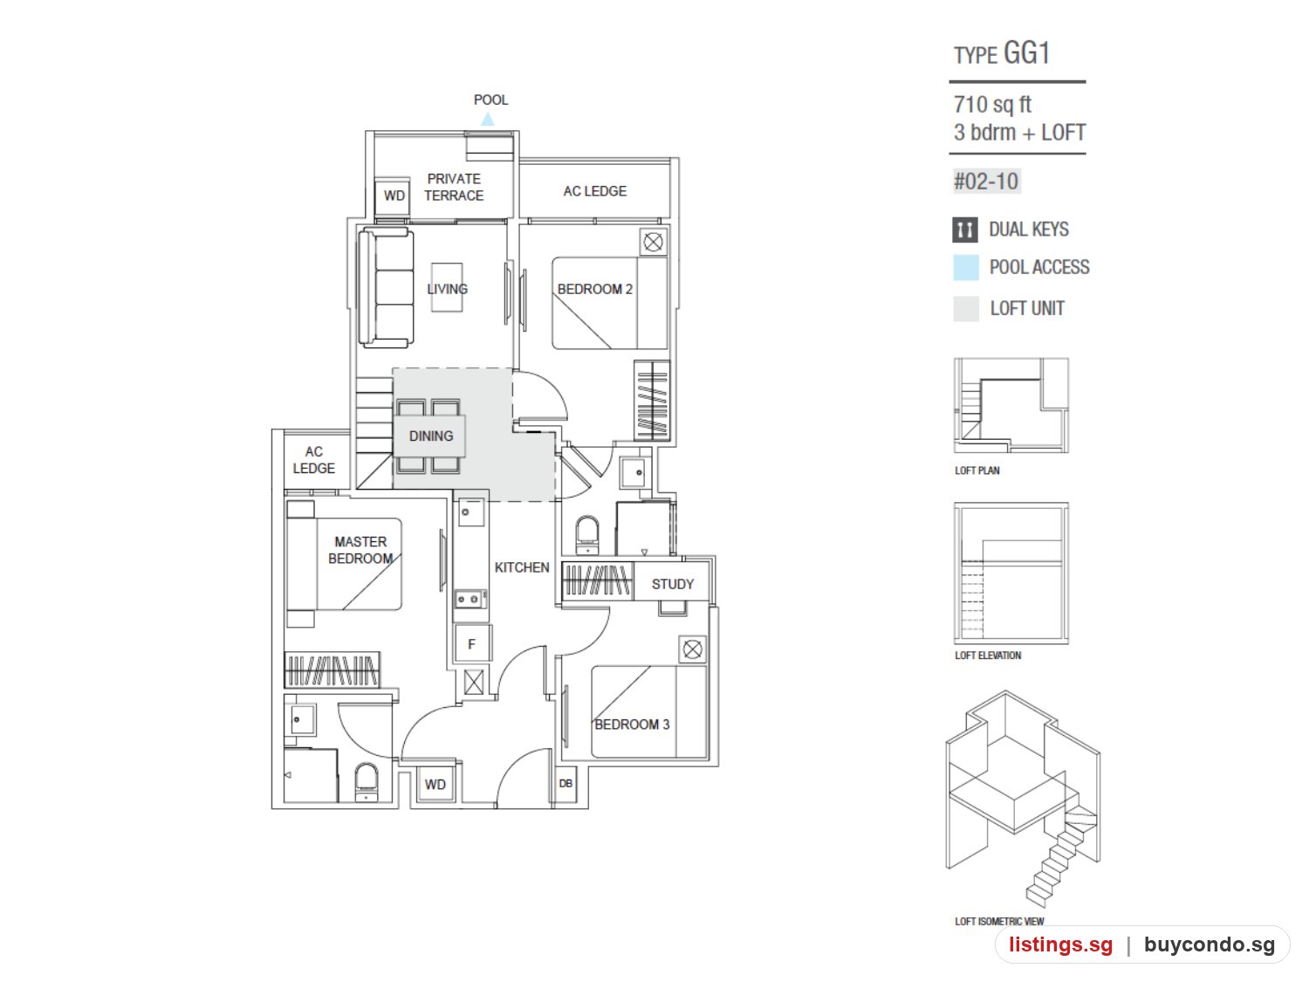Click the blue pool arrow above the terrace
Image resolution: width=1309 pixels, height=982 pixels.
[x=487, y=119]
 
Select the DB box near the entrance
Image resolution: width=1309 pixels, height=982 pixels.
[x=565, y=783]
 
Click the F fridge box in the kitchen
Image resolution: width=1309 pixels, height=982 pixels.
[x=471, y=643]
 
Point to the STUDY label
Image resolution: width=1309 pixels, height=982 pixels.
[x=672, y=584]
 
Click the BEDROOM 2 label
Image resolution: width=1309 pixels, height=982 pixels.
[x=594, y=289]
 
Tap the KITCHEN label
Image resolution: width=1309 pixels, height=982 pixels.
[x=521, y=567]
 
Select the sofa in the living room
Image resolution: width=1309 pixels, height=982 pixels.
[x=385, y=287]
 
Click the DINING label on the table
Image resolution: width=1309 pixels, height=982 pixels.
[x=430, y=436]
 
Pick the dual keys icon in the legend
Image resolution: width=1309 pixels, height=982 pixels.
[x=964, y=230]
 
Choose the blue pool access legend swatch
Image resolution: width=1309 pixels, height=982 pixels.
[x=965, y=267]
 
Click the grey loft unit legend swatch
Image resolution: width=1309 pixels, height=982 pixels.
[x=965, y=308]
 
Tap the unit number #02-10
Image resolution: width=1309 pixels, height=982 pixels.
[x=986, y=181]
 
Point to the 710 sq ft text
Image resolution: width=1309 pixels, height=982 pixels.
[x=991, y=105]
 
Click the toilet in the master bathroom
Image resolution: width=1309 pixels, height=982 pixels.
[x=366, y=781]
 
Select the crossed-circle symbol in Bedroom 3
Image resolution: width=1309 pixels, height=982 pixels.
[x=692, y=649]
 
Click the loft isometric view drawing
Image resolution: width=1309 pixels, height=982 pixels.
[x=1023, y=799]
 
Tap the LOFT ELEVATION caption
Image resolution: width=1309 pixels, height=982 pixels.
[x=988, y=656]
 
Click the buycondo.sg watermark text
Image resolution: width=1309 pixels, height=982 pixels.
[x=1209, y=944]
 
